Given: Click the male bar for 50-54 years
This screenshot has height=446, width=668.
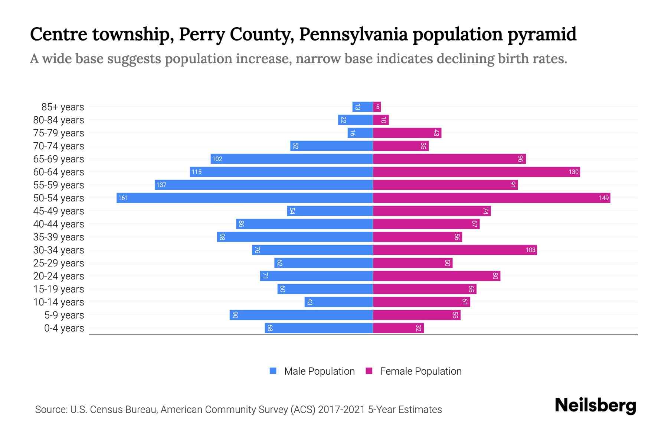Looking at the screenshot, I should tap(245, 198).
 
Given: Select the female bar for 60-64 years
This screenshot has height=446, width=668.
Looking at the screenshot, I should tap(476, 172).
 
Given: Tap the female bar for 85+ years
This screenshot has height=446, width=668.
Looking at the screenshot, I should tap(377, 107).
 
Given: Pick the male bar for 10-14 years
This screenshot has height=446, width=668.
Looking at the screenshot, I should tap(338, 302).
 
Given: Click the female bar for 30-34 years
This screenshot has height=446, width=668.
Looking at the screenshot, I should tap(455, 250).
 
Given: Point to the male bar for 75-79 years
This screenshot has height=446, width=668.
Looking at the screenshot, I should tap(360, 133).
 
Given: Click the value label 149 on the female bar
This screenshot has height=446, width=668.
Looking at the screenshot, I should tap(603, 198).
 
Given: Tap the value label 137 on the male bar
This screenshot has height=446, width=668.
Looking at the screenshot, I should tap(161, 185).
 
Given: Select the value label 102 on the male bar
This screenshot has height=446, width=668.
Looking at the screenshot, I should tap(217, 159).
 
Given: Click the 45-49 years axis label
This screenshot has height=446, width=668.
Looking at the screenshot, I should tap(59, 211).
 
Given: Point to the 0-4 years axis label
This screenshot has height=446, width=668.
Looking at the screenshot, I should tap(64, 328).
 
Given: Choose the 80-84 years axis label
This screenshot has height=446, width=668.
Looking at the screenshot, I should tap(59, 120).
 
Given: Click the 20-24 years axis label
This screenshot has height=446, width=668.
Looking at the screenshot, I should tap(59, 276).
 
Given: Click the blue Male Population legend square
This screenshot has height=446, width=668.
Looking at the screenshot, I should tap(273, 371).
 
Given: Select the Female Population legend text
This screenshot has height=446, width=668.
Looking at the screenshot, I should tap(420, 371).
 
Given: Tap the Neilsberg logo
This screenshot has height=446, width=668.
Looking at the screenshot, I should tap(595, 405).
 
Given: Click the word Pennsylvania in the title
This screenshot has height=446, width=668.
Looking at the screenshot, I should tap(353, 34).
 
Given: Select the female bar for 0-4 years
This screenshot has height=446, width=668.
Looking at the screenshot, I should tap(398, 328).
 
